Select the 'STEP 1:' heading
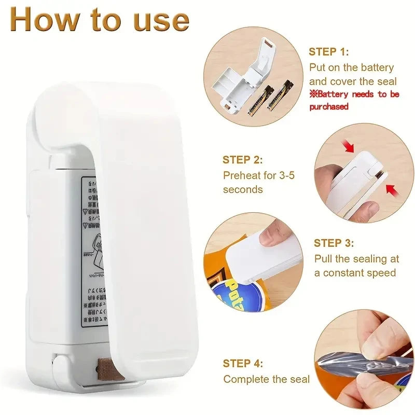point(329,52)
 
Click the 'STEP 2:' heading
point(243,160)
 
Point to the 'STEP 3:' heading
point(334,243)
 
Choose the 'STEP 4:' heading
point(243,364)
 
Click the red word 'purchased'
point(329,106)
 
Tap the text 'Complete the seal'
point(266,379)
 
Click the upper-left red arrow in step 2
point(348,146)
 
